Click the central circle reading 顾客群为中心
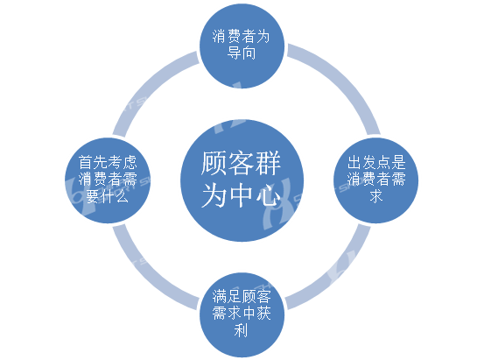(x=242, y=180)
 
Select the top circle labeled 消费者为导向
(x=242, y=46)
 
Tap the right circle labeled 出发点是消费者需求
(x=376, y=180)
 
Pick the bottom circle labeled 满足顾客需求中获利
(x=242, y=314)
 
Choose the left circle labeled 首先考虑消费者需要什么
(x=108, y=180)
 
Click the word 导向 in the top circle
(x=242, y=53)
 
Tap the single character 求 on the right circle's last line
(x=376, y=196)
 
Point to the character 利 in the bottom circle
(x=241, y=329)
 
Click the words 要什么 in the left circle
(x=107, y=196)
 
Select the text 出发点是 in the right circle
(x=376, y=162)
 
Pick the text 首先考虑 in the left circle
(x=108, y=162)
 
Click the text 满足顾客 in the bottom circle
(x=242, y=297)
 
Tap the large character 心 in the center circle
(x=269, y=195)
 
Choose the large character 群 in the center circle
(x=269, y=163)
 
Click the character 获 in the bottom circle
(x=263, y=314)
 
